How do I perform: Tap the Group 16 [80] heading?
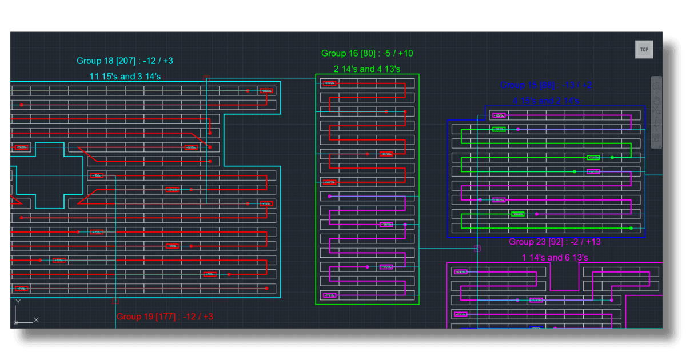tap(367, 53)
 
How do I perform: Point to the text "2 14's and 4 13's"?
tap(367, 69)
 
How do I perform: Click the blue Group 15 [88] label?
tap(546, 85)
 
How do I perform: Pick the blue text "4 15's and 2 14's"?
tap(546, 101)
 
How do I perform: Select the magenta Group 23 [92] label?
tap(555, 242)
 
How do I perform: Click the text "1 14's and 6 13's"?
tap(555, 257)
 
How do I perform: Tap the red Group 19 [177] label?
tap(165, 316)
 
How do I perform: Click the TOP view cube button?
tap(644, 50)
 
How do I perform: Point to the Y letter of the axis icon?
tap(18, 302)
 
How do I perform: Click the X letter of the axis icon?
tap(36, 319)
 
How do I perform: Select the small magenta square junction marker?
tap(477, 249)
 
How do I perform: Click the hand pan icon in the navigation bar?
tap(656, 123)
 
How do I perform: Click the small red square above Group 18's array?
tap(206, 77)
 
